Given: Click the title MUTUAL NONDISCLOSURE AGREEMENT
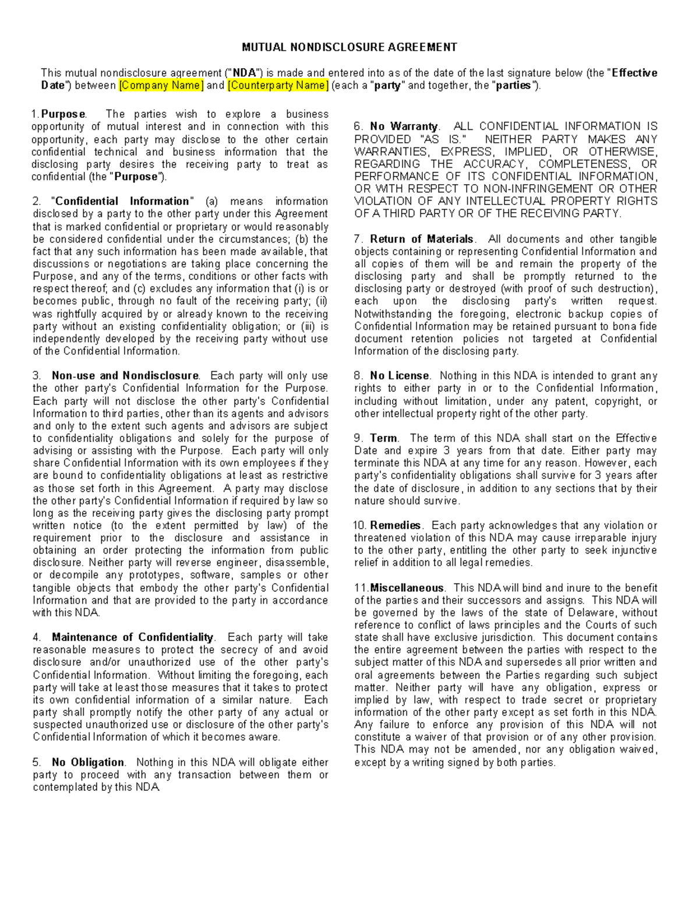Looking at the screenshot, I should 349,47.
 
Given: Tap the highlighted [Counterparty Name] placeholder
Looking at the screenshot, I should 278,86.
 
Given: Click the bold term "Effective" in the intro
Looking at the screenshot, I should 634,73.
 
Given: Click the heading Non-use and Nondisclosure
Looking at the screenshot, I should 125,376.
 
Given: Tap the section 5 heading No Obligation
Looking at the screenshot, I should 88,762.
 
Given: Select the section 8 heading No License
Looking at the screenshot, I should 400,376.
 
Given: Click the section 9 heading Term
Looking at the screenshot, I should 384,438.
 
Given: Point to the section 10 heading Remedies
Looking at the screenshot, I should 396,526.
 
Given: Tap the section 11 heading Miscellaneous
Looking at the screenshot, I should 407,588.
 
